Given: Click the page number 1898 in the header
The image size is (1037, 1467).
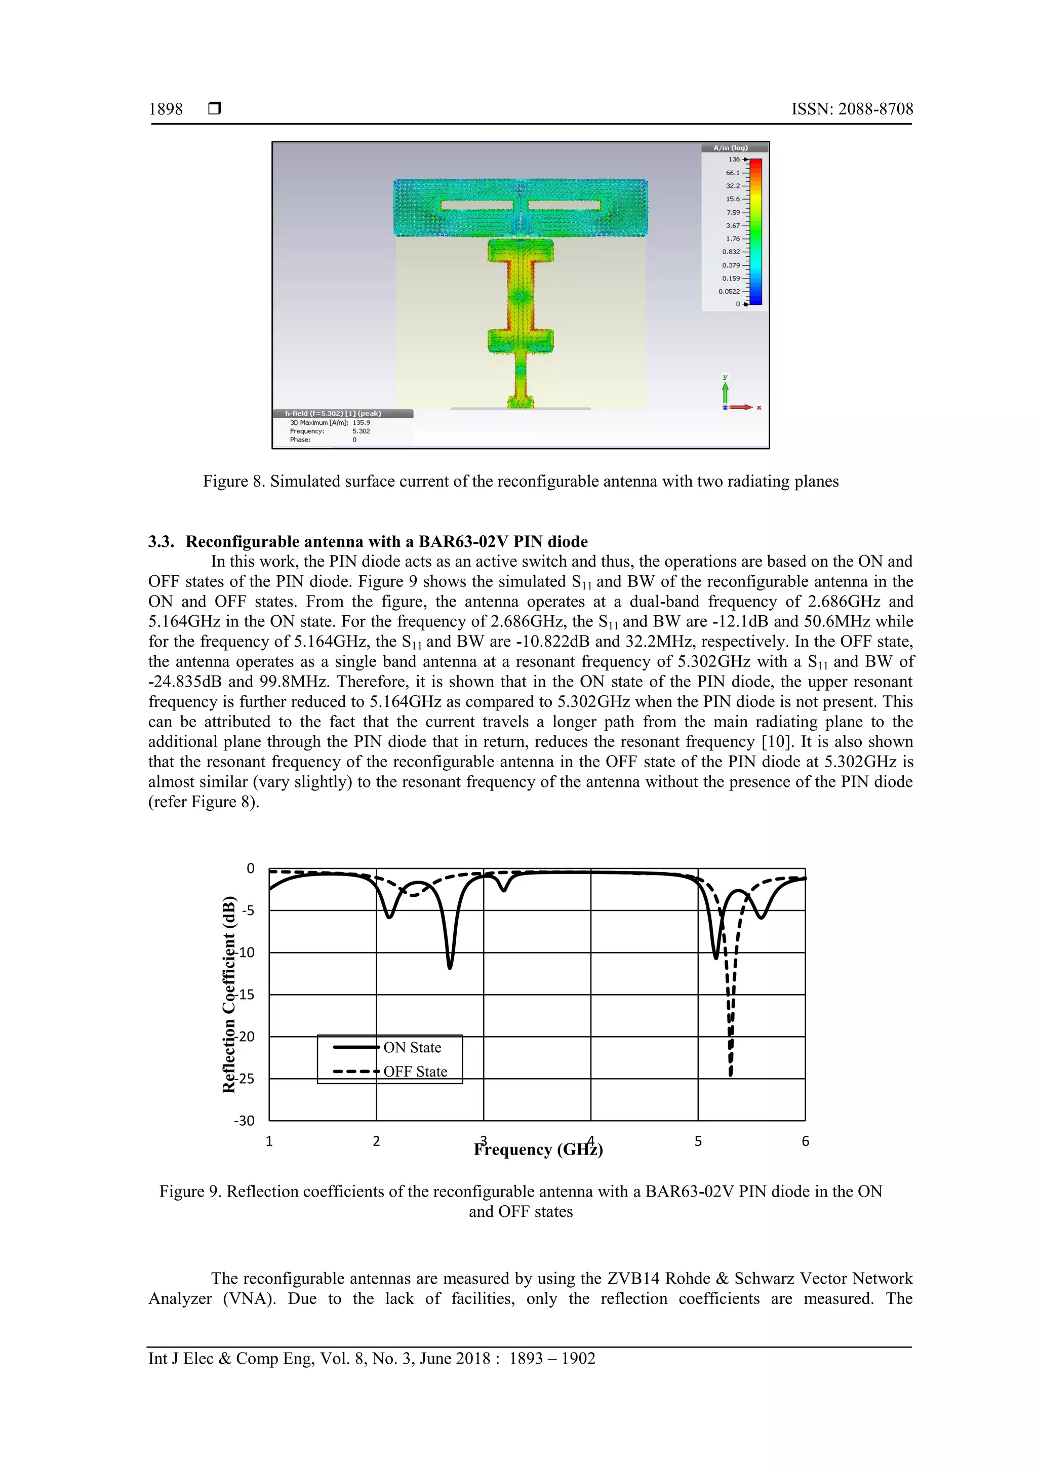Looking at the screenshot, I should (166, 109).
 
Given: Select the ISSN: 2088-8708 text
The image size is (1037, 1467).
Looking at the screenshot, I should (852, 109).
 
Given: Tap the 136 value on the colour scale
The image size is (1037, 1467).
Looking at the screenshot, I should (734, 160).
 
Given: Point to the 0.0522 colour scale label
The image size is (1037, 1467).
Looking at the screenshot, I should (729, 291).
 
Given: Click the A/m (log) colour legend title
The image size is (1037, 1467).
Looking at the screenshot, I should (730, 147).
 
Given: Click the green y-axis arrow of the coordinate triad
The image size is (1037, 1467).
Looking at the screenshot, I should (725, 389).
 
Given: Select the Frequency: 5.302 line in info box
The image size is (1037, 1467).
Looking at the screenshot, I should (330, 431).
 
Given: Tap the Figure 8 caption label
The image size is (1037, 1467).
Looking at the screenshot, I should (233, 481).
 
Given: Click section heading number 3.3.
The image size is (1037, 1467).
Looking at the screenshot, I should (161, 542).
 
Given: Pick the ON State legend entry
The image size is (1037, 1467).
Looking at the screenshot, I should (412, 1047).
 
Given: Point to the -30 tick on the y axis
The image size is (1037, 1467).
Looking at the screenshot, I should (244, 1121).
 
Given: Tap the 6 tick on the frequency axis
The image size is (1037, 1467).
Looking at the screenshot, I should (805, 1141).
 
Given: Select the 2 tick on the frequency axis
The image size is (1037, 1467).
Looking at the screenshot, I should (376, 1141).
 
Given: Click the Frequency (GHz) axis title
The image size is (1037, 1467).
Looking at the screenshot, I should (538, 1150).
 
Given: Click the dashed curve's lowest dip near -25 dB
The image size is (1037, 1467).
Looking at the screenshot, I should (730, 1074).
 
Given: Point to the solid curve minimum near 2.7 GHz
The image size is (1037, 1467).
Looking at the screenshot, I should (450, 967).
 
